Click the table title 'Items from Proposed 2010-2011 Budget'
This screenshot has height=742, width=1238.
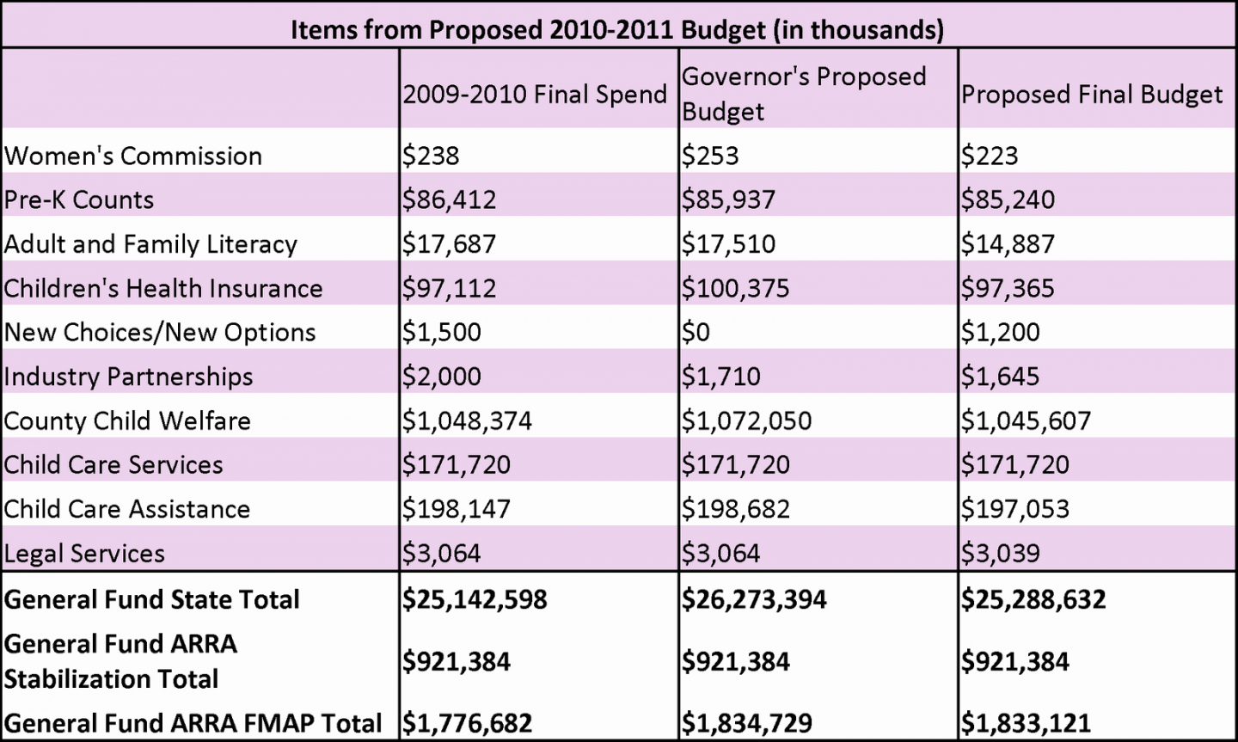617,29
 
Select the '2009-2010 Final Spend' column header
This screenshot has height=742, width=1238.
535,95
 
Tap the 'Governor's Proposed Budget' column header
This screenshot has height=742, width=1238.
804,94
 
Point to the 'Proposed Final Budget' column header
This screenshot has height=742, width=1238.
1092,95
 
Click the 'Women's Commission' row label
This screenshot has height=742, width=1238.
133,156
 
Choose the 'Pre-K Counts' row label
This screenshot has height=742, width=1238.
79,199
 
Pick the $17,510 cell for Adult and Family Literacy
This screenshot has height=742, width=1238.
728,244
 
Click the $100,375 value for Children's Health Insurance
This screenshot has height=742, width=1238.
735,288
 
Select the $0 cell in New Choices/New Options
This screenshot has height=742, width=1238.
696,332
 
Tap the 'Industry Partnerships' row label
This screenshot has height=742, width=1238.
129,377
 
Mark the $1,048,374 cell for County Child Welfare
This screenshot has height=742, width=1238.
467,420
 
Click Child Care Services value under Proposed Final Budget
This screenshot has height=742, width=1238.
1015,465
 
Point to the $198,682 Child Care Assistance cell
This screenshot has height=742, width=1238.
735,509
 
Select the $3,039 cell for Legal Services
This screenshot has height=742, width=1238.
1001,553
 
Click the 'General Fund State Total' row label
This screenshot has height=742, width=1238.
152,599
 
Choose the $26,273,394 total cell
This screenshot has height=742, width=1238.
754,599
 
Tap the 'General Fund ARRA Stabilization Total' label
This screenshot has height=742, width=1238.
120,661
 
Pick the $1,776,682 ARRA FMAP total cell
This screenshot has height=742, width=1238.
468,723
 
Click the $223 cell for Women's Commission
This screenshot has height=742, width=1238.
990,156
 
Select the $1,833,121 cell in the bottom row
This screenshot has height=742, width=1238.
1027,723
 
